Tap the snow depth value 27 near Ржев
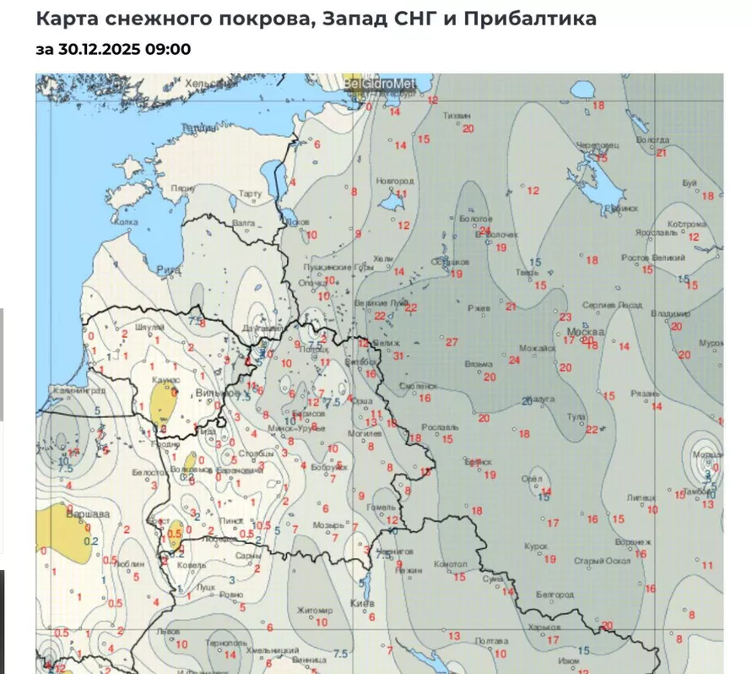tap(452, 342)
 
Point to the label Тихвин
tap(457, 115)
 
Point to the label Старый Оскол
tap(601, 561)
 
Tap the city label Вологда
tap(652, 140)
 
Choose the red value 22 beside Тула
tap(592, 430)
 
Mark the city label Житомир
tap(315, 610)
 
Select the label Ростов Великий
tap(646, 258)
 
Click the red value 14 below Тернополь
tap(230, 654)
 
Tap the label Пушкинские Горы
tap(338, 267)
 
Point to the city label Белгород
tap(555, 595)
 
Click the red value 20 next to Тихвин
tap(468, 128)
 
